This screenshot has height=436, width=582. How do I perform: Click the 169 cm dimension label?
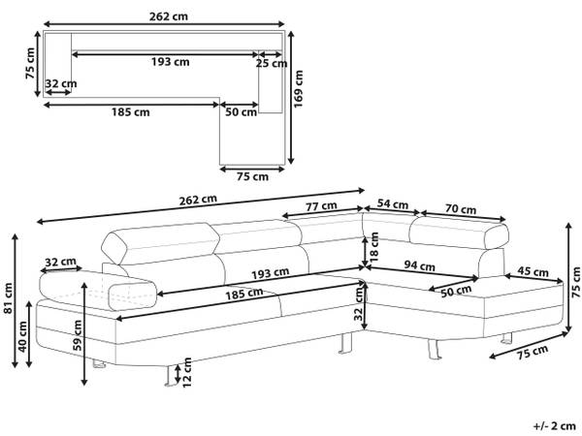tap(299, 88)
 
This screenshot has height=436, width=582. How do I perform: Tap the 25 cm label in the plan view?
tap(272, 63)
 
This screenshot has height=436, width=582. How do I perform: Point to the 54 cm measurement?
tap(392, 203)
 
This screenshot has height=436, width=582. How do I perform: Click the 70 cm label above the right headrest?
tap(460, 209)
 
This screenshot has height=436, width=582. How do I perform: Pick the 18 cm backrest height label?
tap(373, 247)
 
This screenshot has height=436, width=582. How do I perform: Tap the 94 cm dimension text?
tap(419, 265)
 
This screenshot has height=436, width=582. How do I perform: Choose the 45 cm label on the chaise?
tap(533, 271)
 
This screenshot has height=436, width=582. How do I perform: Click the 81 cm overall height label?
tap(8, 297)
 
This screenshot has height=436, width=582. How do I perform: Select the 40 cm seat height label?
tap(22, 336)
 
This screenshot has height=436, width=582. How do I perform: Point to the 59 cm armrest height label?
tap(78, 335)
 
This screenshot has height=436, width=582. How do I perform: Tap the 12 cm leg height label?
tap(186, 372)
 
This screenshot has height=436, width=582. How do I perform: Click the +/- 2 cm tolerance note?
tap(555, 426)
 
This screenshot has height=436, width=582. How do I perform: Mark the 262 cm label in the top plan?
tap(169, 16)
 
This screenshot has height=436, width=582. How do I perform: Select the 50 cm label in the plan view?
tap(242, 111)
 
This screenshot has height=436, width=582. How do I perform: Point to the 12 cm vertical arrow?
tap(178, 374)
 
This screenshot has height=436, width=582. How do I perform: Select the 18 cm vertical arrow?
tap(366, 251)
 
